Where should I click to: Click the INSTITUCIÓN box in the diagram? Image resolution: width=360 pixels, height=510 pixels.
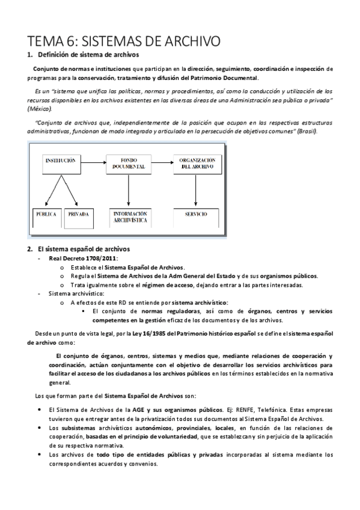[x=59, y=163]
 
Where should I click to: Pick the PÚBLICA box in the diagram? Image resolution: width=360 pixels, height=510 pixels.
[x=45, y=215]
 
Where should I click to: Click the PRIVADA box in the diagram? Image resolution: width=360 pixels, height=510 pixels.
[x=78, y=215]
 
